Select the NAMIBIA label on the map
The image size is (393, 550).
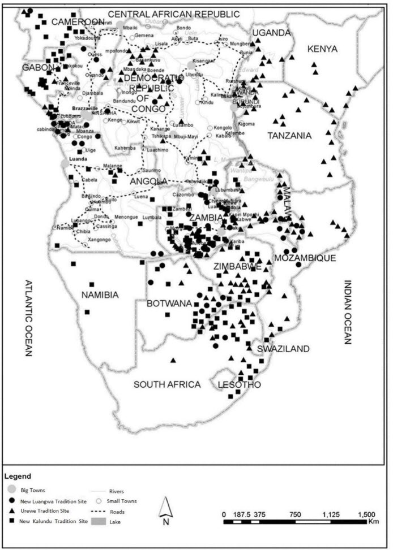pos(100,295)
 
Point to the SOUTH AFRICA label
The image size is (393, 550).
pos(167,384)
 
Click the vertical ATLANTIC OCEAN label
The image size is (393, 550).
pos(27,318)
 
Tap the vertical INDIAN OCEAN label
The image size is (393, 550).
pos(347,312)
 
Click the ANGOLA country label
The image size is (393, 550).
pos(148,181)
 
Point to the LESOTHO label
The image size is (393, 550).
pos(239,385)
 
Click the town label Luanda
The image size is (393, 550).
pos(77,159)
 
